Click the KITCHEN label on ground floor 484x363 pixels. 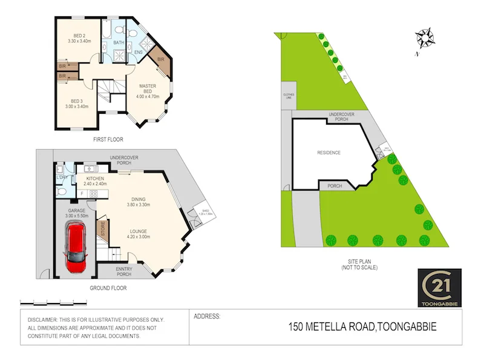pyautogui.click(x=95, y=178)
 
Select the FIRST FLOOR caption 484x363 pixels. pyautogui.click(x=108, y=139)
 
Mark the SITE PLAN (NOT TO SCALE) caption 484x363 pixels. pyautogui.click(x=359, y=264)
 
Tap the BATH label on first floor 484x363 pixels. pyautogui.click(x=119, y=42)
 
